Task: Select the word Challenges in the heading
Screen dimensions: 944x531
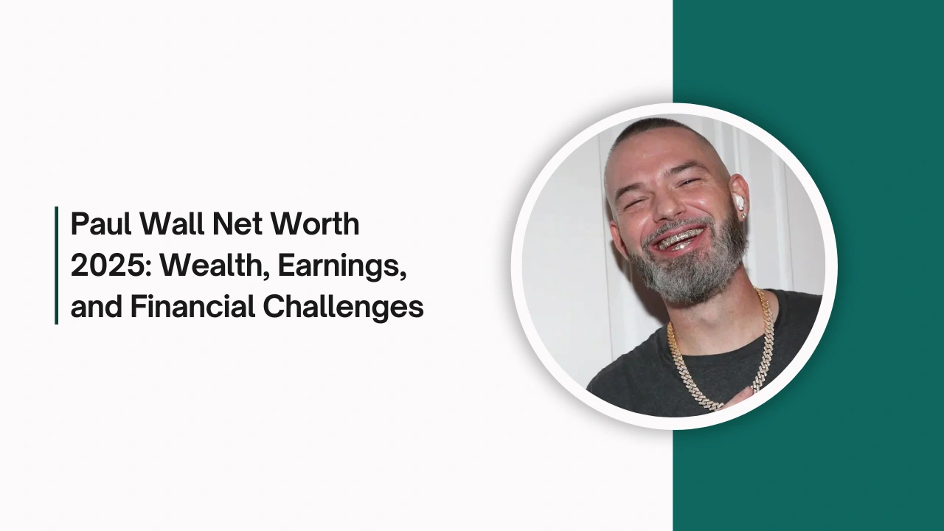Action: click(x=343, y=308)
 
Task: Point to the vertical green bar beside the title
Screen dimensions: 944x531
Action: click(x=57, y=265)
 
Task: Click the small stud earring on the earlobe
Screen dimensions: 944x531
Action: click(x=744, y=216)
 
